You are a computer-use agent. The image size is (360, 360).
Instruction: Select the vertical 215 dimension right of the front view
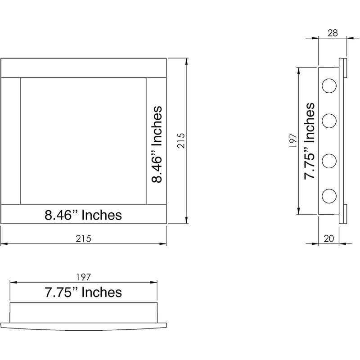(181, 141)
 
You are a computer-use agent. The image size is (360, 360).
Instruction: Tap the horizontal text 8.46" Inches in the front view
(83, 215)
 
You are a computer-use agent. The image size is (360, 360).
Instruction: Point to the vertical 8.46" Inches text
(156, 144)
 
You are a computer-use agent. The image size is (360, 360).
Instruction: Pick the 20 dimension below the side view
(328, 239)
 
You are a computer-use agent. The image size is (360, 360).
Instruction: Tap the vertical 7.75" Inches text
(309, 141)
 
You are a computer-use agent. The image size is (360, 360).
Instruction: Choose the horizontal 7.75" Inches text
(83, 292)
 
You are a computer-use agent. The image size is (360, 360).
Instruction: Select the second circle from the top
(329, 121)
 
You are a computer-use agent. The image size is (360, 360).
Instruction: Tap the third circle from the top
(329, 161)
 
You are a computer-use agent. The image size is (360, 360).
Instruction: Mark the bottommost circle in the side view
(329, 195)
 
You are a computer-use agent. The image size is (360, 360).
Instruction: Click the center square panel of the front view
(83, 141)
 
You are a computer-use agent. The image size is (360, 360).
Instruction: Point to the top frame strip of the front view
(84, 68)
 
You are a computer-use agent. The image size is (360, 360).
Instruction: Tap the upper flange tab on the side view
(343, 67)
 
